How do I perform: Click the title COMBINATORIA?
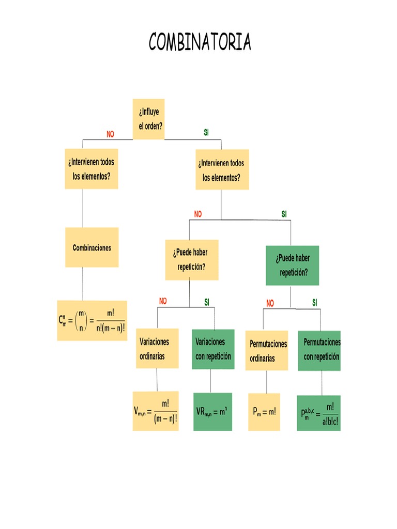click(200, 42)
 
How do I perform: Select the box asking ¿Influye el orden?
click(149, 119)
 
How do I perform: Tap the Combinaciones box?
click(92, 247)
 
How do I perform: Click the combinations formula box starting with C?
click(92, 320)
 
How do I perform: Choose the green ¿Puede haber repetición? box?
click(293, 266)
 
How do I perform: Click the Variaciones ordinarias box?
click(157, 349)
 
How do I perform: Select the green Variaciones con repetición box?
click(213, 349)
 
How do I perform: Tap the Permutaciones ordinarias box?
click(267, 351)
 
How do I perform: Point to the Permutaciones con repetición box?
click(320, 350)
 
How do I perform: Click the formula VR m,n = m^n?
click(213, 411)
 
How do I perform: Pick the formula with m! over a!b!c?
click(319, 413)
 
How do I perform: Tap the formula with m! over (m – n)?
click(156, 411)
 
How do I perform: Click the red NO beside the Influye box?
click(110, 134)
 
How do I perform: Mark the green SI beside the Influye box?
click(206, 133)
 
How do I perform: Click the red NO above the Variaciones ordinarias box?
click(163, 301)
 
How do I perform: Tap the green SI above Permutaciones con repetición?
click(315, 302)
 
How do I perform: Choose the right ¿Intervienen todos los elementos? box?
click(221, 170)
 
